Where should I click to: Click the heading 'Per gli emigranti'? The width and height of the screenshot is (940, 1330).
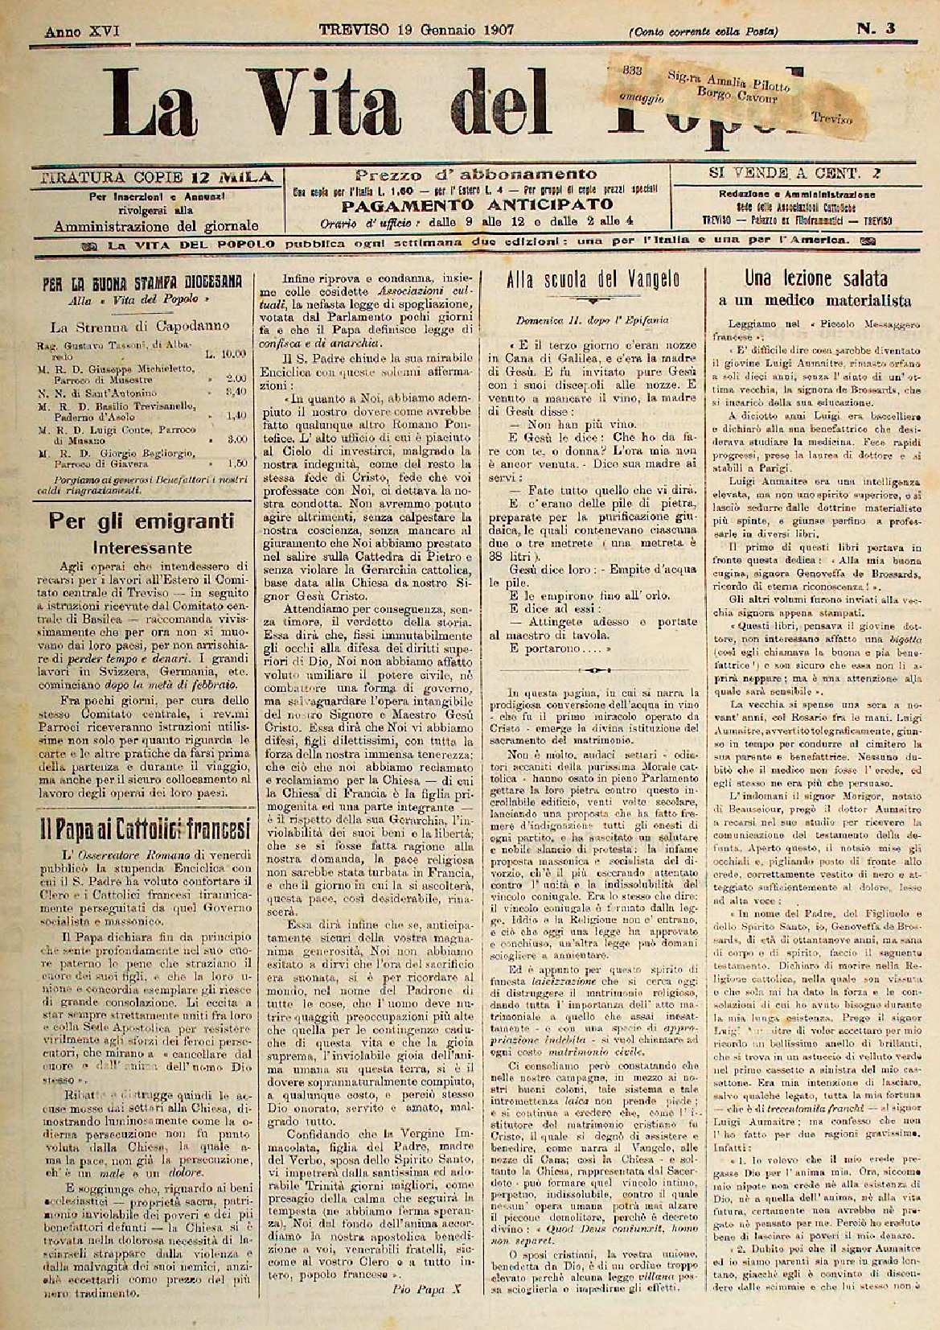point(142,520)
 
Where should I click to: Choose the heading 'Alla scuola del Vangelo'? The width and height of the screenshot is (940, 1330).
point(593,278)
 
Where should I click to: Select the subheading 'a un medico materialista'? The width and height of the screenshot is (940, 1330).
point(815,301)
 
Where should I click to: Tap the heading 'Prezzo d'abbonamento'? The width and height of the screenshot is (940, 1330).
point(475,174)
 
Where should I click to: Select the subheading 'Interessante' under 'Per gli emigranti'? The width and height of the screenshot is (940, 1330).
point(142,548)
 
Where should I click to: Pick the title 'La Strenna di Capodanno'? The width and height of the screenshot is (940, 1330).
point(140,327)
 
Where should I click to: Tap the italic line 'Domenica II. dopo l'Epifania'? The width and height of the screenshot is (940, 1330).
point(592,319)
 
